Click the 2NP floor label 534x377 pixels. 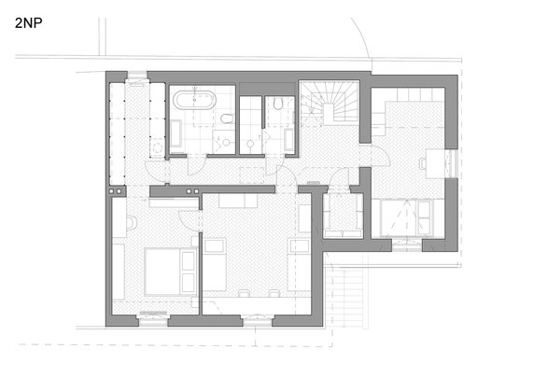[29, 23]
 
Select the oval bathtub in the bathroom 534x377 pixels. [194, 100]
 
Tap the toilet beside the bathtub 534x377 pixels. [227, 119]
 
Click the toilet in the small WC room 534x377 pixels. [278, 104]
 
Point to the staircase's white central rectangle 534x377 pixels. [329, 114]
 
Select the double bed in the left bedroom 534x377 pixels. [170, 272]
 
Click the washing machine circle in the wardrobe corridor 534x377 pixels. [158, 148]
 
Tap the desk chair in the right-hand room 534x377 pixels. [423, 163]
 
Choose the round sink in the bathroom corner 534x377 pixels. [226, 142]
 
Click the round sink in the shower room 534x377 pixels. [250, 144]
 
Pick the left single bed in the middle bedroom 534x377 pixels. [215, 265]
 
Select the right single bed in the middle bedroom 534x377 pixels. [299, 265]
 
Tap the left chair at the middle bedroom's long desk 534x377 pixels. [244, 293]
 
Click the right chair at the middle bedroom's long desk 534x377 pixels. [274, 293]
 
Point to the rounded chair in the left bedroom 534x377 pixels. [132, 222]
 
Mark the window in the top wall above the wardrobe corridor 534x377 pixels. [137, 77]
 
